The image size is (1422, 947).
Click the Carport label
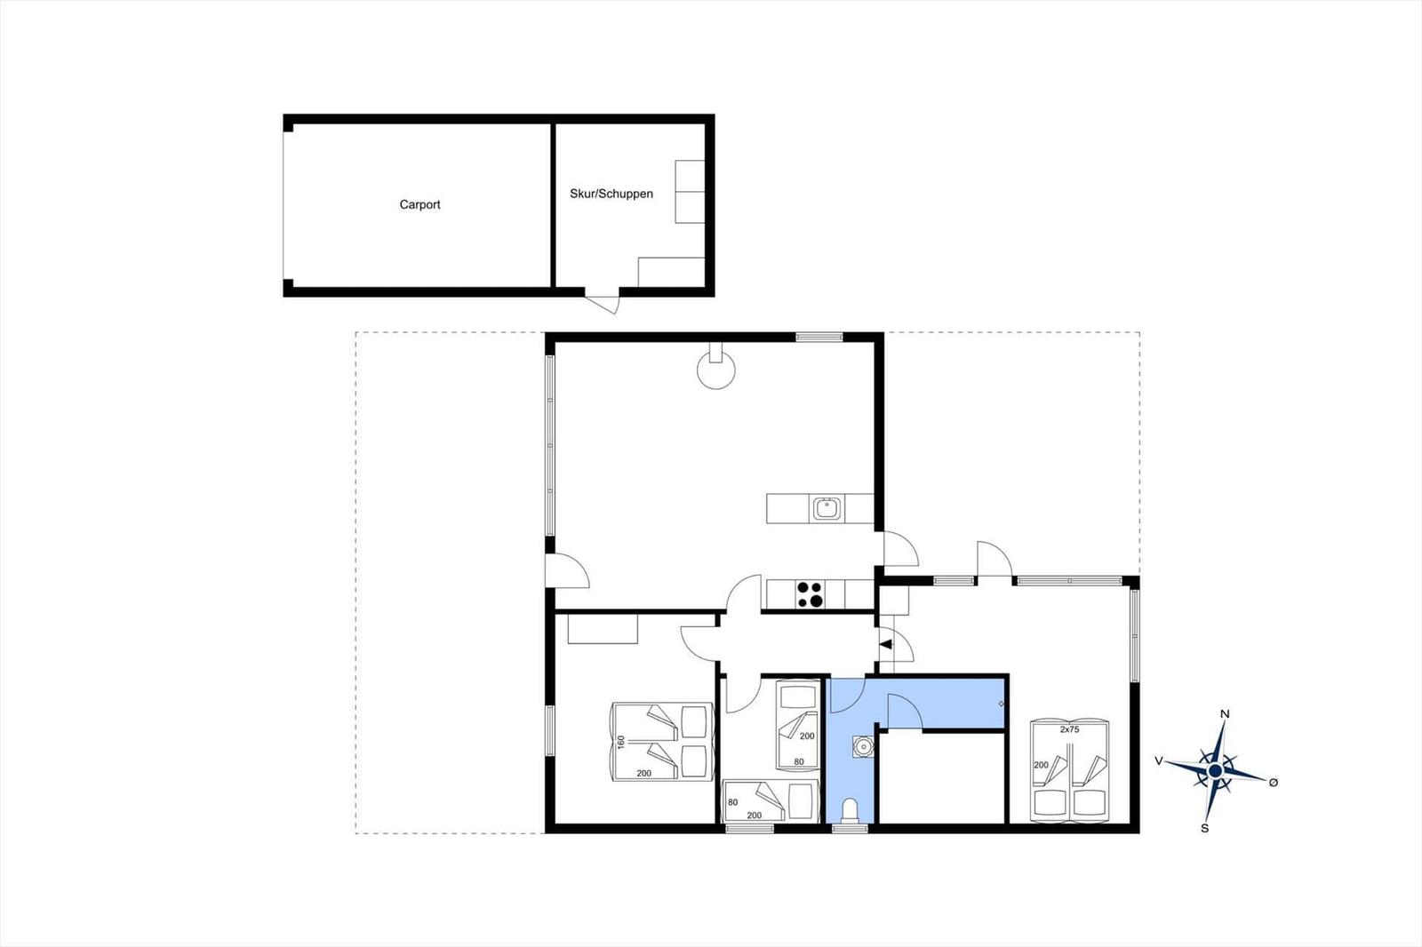[x=419, y=204]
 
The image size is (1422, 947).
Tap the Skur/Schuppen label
[x=611, y=194]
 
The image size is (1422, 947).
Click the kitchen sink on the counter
[x=827, y=508]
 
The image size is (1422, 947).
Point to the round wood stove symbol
[x=716, y=368]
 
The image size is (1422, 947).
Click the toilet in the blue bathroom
[x=850, y=810]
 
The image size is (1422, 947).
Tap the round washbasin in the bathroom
[x=863, y=746]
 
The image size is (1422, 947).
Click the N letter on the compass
[x=1225, y=714]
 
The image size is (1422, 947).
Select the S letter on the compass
[x=1204, y=828]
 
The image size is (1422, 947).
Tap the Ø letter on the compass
[x=1273, y=783]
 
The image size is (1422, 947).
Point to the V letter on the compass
[x=1159, y=760]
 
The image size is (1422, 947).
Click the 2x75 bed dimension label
[x=1070, y=729]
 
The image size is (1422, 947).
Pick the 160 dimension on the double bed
[x=621, y=742]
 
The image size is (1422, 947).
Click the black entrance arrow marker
[x=886, y=644]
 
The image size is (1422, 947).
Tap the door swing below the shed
[x=601, y=305]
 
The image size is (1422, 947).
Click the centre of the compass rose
[x=1215, y=770]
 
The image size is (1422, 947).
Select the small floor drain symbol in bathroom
[x=1001, y=704]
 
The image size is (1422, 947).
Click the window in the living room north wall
[x=819, y=337]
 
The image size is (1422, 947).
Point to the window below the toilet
[x=850, y=828]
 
